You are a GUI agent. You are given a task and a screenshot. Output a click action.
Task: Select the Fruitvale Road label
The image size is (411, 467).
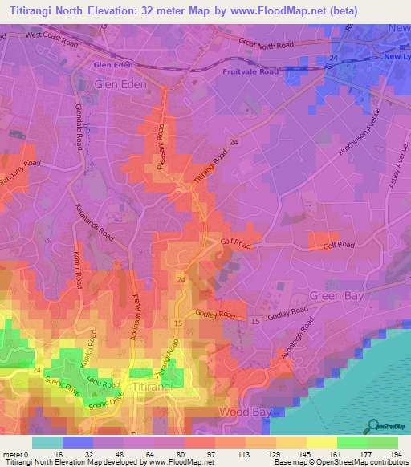coord(250,71)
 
